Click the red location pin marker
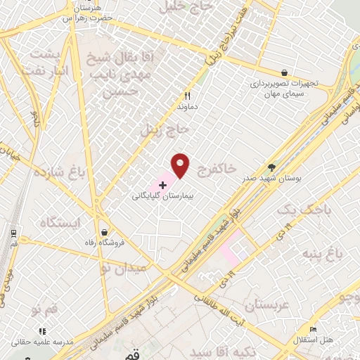[x=181, y=165]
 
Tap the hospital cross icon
[x=163, y=185]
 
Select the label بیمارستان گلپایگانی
[x=163, y=197]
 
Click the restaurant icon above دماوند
[x=187, y=96]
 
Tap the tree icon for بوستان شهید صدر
[x=272, y=167]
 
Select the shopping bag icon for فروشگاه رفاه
[x=104, y=233]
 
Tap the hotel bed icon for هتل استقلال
[x=314, y=329]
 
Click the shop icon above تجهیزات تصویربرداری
[x=284, y=72]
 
